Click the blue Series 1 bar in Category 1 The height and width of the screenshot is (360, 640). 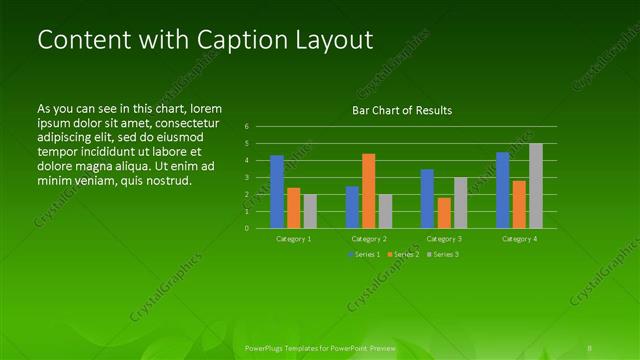click(277, 191)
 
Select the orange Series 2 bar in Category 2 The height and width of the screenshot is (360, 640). click(369, 190)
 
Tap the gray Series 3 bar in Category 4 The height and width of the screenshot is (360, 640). click(536, 185)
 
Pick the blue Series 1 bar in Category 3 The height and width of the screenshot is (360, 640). click(427, 198)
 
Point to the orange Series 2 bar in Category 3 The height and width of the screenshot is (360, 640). click(444, 212)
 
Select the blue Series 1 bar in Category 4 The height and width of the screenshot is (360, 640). click(502, 189)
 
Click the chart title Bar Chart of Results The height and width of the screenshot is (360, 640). click(402, 110)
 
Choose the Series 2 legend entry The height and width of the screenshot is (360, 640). click(402, 255)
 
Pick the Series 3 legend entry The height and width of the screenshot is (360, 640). click(441, 255)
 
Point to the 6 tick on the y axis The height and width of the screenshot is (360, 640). click(246, 127)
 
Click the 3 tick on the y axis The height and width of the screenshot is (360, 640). click(246, 177)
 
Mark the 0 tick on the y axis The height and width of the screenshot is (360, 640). click(246, 228)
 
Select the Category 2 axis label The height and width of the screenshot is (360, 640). click(369, 240)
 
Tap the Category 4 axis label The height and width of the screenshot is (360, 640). click(519, 240)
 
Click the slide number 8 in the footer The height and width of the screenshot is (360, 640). click(591, 348)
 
